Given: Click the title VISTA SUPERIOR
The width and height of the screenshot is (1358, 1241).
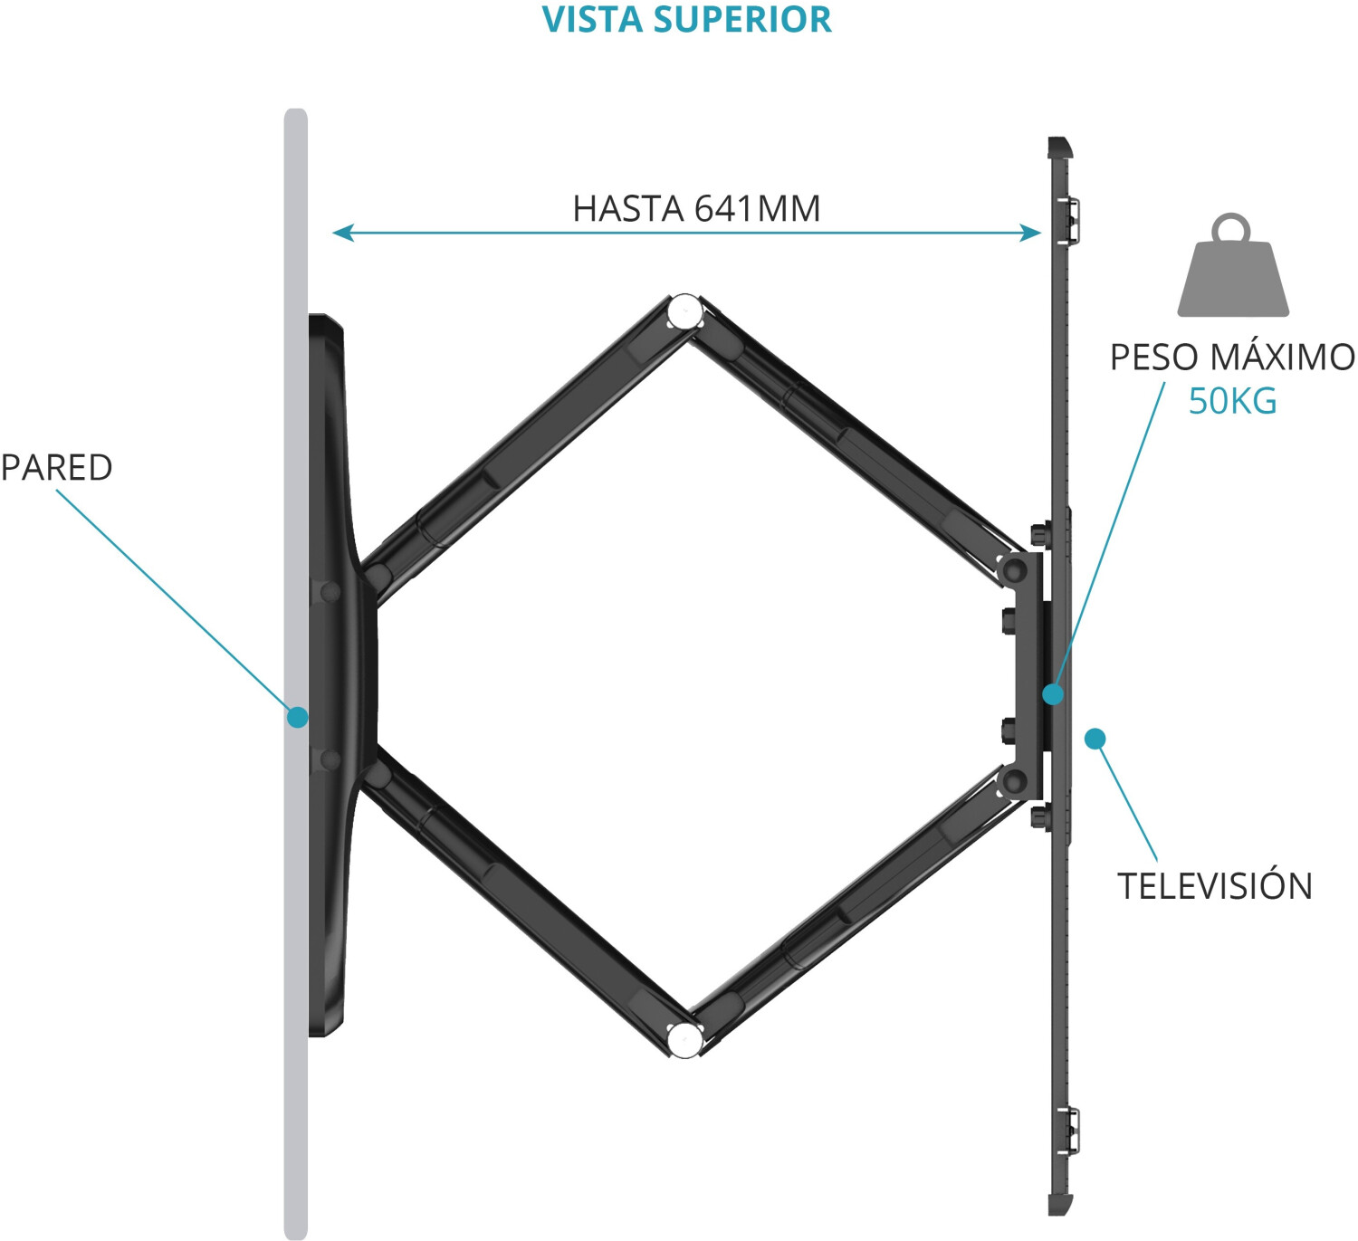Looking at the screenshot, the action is coord(686,20).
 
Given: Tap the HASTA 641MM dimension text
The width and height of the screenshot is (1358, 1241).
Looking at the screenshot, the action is coord(696,208).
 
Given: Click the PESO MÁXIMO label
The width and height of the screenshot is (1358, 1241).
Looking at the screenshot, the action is coord(1232,357).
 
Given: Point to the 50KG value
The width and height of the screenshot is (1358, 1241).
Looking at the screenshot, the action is coord(1232,400).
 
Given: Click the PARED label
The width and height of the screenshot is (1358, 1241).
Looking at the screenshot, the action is coord(56,467).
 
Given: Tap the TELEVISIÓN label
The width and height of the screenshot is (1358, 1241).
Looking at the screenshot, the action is coord(1214,885).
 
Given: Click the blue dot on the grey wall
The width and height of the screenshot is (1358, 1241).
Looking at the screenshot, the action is coord(297,717).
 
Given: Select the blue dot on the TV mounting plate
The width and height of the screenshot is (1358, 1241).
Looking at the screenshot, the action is coord(1052,694).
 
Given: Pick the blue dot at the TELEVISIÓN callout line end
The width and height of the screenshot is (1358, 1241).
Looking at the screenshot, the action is coord(1095,739).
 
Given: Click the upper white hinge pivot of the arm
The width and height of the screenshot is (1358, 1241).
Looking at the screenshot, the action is coord(684,313).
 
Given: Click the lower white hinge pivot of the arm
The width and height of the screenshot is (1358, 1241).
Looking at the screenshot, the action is coord(684,1039).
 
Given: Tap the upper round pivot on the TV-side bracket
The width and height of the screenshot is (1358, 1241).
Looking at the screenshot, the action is coord(1014,569).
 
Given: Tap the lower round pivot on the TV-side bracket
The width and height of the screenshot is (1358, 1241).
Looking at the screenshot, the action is coord(1014,780).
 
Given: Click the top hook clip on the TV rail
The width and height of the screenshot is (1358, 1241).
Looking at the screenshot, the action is coord(1070,220).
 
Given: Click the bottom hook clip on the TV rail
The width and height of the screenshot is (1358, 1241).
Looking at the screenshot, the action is coord(1070,1131).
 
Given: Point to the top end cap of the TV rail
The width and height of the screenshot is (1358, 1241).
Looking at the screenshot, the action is coord(1059,147).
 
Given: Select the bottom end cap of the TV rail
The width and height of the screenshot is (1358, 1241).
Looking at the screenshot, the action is coord(1059,1205).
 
